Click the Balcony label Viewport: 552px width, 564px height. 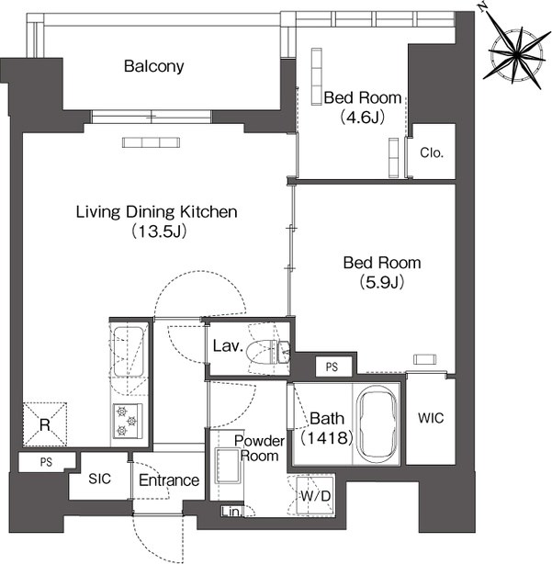click(154, 66)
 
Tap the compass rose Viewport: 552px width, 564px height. click(517, 55)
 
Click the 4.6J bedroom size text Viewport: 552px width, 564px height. click(363, 117)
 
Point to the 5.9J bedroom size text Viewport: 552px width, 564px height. click(382, 282)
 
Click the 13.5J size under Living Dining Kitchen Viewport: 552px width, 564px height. click(158, 231)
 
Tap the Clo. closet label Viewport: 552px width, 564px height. click(432, 153)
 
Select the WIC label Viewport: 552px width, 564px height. click(431, 418)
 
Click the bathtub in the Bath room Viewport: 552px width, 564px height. click(377, 424)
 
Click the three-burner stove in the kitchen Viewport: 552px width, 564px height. click(128, 421)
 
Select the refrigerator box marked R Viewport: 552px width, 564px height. click(45, 424)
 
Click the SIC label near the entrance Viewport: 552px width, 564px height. click(99, 479)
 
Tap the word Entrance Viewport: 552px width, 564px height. click(169, 480)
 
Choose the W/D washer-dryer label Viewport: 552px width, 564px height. click(315, 496)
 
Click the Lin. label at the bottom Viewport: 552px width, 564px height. click(231, 512)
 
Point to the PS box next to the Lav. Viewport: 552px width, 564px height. click(332, 367)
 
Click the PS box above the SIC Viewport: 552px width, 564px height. click(47, 462)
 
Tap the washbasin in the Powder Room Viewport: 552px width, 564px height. click(228, 466)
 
